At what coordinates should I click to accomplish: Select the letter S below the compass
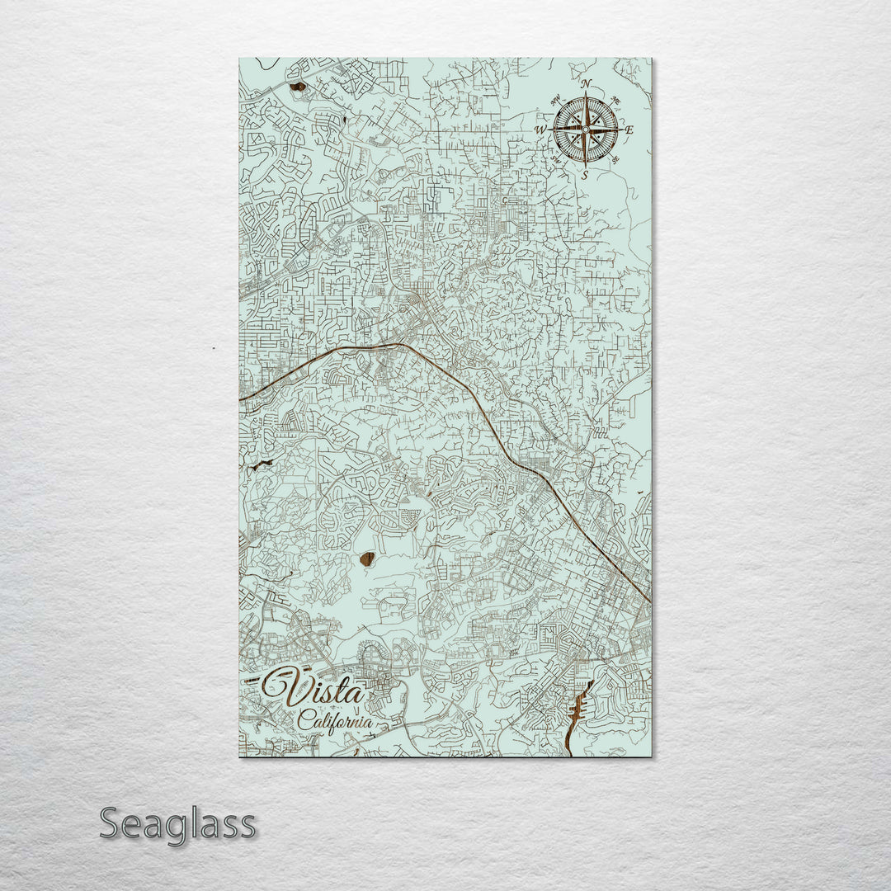585,175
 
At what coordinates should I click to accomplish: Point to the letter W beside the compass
540,130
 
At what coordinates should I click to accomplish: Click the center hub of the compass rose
585,130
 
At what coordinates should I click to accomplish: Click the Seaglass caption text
177,824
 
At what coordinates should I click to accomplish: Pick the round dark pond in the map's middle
367,559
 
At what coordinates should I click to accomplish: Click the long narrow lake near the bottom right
578,709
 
